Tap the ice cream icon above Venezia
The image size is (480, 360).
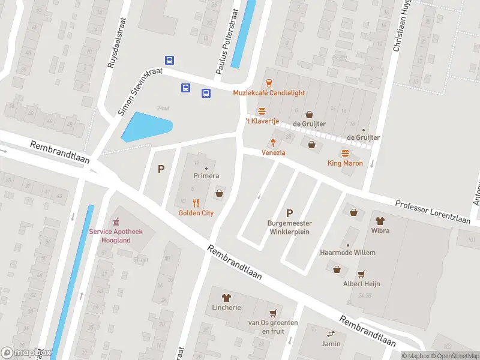click(x=273, y=143)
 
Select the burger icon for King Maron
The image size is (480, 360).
click(x=345, y=154)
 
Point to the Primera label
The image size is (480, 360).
click(x=206, y=176)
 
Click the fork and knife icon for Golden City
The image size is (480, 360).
click(x=196, y=203)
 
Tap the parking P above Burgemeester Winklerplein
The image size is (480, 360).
click(x=289, y=212)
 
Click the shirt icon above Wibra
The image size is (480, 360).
click(x=380, y=220)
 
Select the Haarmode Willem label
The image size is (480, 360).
click(x=348, y=253)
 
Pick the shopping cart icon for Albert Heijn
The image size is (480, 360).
click(x=361, y=274)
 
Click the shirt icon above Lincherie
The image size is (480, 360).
click(x=226, y=297)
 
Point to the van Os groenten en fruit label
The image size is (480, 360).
click(x=274, y=327)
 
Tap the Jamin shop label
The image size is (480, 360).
click(x=331, y=344)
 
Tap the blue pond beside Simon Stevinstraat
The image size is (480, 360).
click(x=146, y=127)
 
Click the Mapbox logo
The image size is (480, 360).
click(x=26, y=353)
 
